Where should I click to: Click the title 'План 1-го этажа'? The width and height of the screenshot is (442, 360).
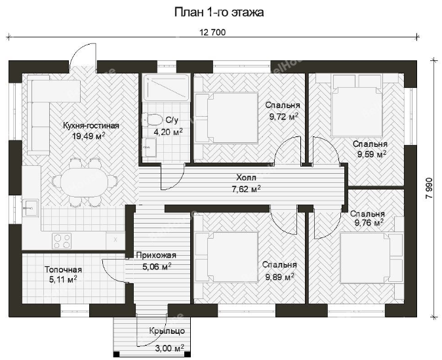[x=219, y=12]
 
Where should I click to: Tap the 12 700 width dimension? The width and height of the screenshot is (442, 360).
[x=212, y=32]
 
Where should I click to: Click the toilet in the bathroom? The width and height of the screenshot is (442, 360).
[x=153, y=119]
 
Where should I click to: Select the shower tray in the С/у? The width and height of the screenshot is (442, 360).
[x=166, y=87]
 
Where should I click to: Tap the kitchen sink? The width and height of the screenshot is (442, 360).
[x=30, y=208]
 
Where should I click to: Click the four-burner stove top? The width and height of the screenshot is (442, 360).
[x=62, y=241]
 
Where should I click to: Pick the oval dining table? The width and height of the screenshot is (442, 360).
[x=85, y=182]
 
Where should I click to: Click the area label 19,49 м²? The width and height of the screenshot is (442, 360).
[x=89, y=136]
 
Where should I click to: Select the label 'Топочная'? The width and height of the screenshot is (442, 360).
[x=63, y=270]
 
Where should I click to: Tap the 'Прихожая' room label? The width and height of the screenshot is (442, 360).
[x=156, y=255]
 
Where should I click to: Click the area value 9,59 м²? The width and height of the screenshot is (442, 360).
[x=372, y=154]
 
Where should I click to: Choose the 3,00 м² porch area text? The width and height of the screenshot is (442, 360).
[x=170, y=348]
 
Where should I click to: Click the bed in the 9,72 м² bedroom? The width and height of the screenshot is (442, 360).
[x=227, y=117]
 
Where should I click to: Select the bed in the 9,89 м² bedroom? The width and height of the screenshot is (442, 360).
[x=227, y=257]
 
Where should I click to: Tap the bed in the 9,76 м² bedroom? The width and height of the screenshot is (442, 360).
[x=371, y=258]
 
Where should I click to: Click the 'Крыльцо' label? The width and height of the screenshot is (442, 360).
[x=167, y=330]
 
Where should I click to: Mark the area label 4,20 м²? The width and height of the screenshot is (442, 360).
[x=169, y=132]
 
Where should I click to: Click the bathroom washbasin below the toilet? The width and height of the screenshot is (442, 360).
[x=150, y=147]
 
